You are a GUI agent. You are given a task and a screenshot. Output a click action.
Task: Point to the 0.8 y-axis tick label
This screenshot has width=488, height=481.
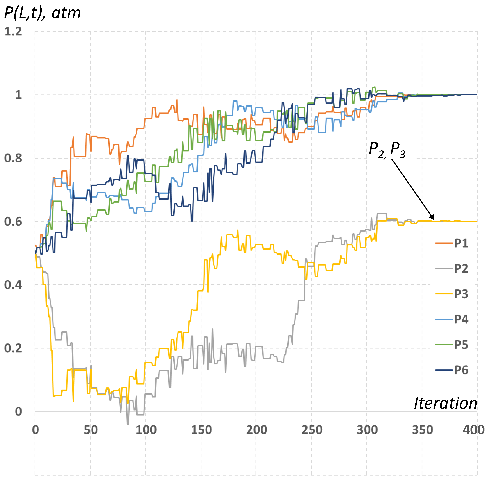13,159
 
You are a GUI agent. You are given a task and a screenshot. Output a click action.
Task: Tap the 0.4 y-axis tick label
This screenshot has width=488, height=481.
13,285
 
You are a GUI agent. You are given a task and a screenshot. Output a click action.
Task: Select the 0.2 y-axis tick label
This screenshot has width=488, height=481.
13,349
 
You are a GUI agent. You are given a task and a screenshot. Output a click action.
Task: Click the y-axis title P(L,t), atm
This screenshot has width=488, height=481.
42,13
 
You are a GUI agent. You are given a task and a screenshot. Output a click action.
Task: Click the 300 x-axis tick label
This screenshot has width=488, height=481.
367,430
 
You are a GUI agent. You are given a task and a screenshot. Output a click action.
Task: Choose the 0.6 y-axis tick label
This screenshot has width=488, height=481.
13,222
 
